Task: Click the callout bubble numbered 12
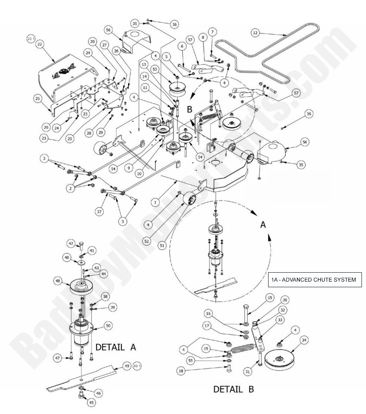pyautogui.click(x=255, y=33)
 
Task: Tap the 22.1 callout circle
pyautogui.click(x=30, y=39)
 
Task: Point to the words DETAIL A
pyautogui.click(x=115, y=347)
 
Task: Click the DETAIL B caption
pyautogui.click(x=233, y=389)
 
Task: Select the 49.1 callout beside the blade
pyautogui.click(x=137, y=366)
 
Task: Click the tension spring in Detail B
pyautogui.click(x=245, y=352)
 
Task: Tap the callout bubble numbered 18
pyautogui.click(x=181, y=371)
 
